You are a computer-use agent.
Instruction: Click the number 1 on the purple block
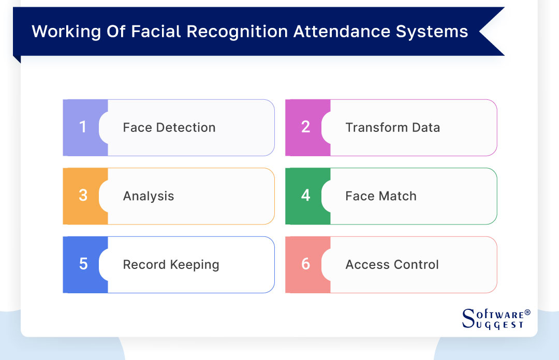coord(83,127)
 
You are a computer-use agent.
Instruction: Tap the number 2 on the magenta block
coord(305,127)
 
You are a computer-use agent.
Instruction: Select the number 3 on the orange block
coord(83,196)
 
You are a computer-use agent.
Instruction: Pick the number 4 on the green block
coord(305,196)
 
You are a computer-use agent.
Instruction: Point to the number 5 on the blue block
coord(83,264)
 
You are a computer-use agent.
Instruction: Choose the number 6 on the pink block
coord(305,264)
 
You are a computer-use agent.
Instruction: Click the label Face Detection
coord(169,128)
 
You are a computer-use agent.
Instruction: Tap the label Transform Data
coord(392,128)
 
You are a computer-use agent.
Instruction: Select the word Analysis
coord(148,197)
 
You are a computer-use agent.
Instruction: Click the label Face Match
coord(380,197)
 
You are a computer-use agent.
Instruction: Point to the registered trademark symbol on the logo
coord(527,313)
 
